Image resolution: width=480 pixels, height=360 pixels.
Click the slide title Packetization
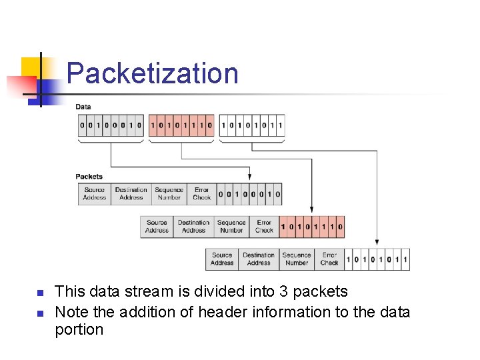coord(152,73)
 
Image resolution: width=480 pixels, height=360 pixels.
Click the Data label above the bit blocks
coord(83,107)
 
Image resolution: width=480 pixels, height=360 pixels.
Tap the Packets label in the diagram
coord(89,177)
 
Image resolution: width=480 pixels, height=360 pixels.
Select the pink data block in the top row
coord(181,125)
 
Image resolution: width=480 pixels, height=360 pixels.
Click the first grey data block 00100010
coord(111,125)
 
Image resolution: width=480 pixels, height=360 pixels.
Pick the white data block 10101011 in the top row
coord(252,125)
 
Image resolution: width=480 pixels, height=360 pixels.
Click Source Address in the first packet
coord(95,194)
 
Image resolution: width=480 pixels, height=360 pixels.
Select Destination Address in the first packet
coord(131,194)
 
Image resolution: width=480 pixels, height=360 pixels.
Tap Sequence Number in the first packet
coord(169,194)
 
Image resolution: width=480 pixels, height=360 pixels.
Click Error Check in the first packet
coord(202,194)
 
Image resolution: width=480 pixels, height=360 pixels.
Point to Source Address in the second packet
coord(157,227)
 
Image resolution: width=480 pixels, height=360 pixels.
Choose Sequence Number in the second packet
coord(231,227)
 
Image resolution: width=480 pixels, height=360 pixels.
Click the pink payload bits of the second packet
coord(312,227)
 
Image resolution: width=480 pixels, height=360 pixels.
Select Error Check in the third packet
coord(329,259)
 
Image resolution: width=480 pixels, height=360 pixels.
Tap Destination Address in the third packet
coord(259,259)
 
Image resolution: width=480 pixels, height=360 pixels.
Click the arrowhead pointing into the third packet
coord(377,242)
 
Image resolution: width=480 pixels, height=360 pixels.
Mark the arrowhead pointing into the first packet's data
coord(249,177)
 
